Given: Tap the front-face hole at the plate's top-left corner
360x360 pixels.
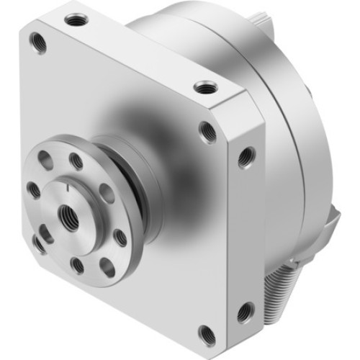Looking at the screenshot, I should [x=38, y=44].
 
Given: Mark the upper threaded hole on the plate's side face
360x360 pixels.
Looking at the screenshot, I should [x=246, y=153].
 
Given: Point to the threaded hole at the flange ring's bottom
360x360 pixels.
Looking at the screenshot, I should [x=77, y=265].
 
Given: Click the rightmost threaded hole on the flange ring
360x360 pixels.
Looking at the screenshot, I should [x=120, y=238].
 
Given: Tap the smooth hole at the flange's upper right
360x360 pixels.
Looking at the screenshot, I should [x=107, y=193].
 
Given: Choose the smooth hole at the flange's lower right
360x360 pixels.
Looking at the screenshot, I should [x=107, y=267].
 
